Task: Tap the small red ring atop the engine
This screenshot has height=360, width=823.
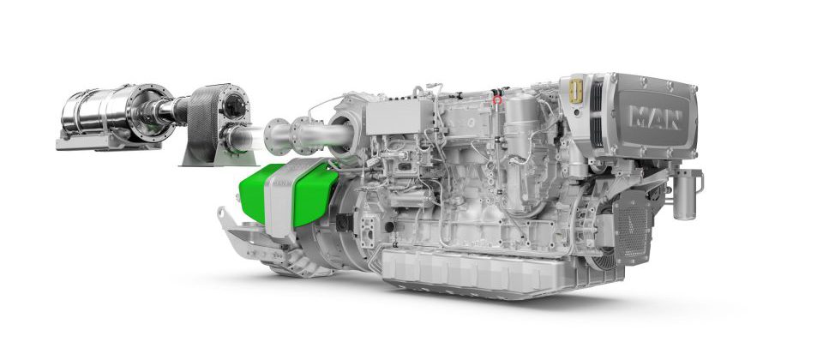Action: pos(497,100)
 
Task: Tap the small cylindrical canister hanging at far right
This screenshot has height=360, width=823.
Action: pos(685,196)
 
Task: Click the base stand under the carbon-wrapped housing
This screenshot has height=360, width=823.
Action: pos(211,158)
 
